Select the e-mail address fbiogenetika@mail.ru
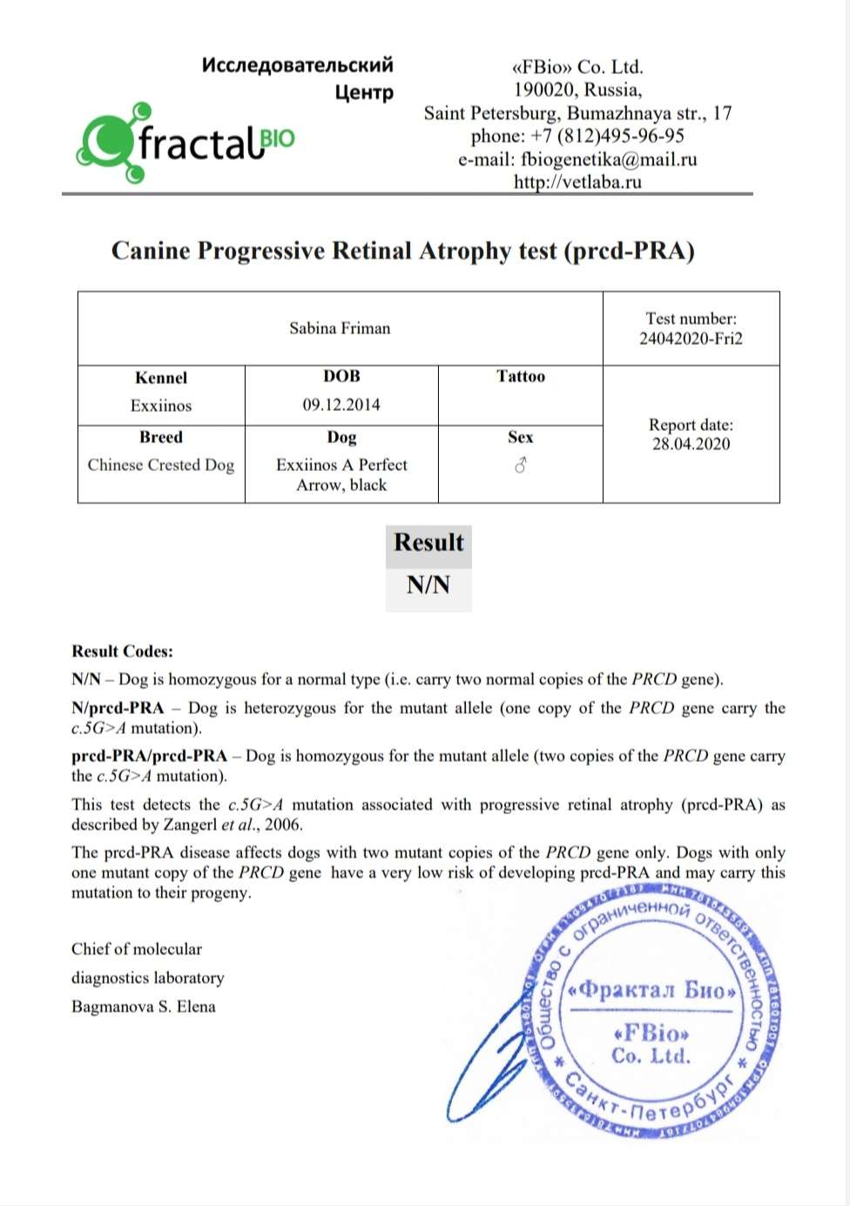coord(609,159)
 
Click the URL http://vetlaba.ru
coord(577,182)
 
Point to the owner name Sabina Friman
coord(340,328)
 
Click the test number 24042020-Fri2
coord(691,339)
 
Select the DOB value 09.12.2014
coord(341,405)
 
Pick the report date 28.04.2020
coord(691,444)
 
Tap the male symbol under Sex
coord(521,466)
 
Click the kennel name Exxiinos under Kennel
coord(161,406)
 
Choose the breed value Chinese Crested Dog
coord(161,465)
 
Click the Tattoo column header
coord(521,376)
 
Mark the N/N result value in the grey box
coord(428,585)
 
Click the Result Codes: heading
coord(122,651)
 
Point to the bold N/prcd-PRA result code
coord(118,708)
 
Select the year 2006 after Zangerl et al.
coord(283,825)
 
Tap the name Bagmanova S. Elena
coord(144,1007)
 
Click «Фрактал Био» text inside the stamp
coord(651,990)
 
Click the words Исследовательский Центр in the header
coord(298,77)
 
